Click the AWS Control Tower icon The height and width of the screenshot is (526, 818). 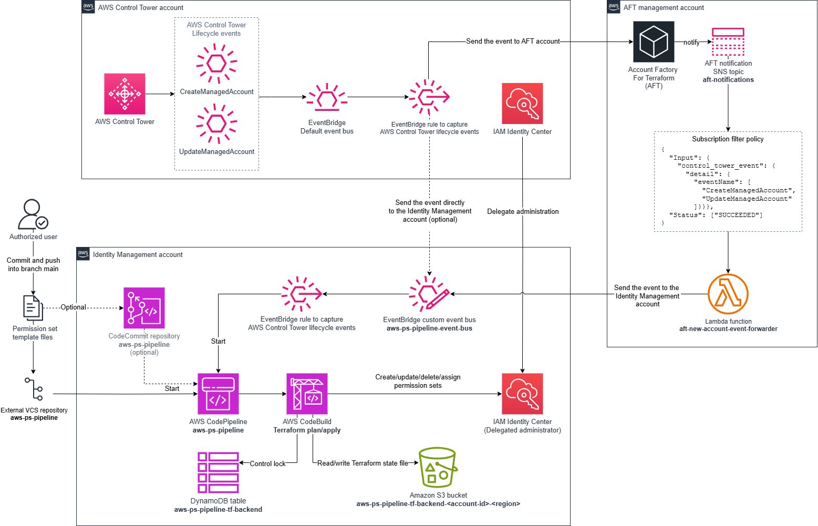coord(125,94)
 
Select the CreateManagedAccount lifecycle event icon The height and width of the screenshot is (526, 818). coord(216,64)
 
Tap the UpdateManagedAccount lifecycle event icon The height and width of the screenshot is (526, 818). coord(216,123)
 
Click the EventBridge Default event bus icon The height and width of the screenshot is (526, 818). coord(327,97)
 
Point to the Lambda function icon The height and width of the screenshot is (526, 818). coord(728,294)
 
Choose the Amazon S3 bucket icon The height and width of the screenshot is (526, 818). coord(438,467)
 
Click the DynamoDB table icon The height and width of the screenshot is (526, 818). coord(218,473)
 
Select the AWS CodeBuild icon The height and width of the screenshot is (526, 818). coord(307,394)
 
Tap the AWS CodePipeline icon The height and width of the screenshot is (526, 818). coord(218,394)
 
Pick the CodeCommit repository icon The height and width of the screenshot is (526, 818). coord(144,308)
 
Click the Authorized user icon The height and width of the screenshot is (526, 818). coord(33,214)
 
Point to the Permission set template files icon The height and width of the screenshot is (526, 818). coord(33,308)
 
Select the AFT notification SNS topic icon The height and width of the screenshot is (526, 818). coord(728,42)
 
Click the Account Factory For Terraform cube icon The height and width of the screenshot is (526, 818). coord(654,42)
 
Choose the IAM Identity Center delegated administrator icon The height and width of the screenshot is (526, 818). coord(522,394)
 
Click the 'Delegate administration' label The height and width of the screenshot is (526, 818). coord(523,212)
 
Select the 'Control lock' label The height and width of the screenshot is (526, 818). coord(267,464)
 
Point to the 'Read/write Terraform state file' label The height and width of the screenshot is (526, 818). coord(363,463)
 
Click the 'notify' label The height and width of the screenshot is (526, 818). coord(691,43)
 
